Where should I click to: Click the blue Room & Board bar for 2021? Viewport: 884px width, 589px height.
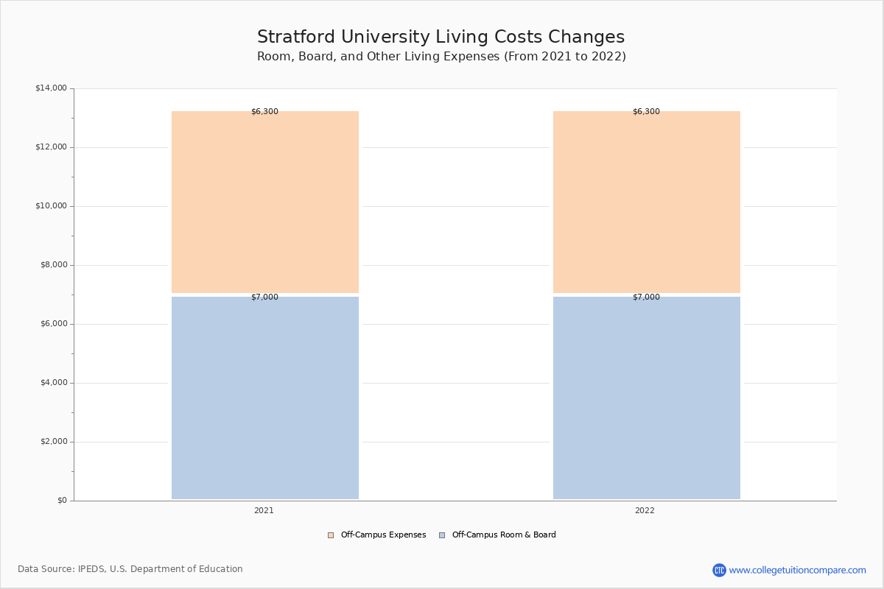(x=265, y=398)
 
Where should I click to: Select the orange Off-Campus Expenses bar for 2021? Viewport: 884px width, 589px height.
(x=265, y=202)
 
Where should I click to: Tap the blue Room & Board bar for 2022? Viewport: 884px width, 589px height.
(x=647, y=398)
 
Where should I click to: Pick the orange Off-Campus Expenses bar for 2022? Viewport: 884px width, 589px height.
(x=647, y=202)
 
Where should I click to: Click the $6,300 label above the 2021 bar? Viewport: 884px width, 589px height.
(x=264, y=112)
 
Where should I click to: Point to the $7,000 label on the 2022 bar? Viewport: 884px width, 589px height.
(x=646, y=297)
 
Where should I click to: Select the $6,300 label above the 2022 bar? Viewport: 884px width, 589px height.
(x=646, y=112)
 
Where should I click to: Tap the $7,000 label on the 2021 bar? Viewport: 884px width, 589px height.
(x=264, y=297)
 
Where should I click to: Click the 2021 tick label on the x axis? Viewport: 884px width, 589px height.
(x=264, y=511)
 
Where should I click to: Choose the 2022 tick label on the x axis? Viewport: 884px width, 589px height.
(x=645, y=511)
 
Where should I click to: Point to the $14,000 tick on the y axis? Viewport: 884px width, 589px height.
(x=51, y=88)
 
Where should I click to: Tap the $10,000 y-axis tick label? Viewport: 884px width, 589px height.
(x=51, y=206)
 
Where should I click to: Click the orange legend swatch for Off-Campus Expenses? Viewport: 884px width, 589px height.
(x=331, y=535)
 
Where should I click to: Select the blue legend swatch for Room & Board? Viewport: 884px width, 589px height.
(x=442, y=535)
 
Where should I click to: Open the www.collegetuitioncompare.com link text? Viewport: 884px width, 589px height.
(x=797, y=570)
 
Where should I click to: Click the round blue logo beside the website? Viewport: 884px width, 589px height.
(x=719, y=570)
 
